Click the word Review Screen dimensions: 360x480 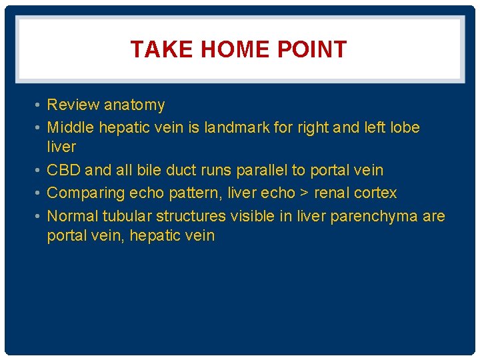click(x=72, y=105)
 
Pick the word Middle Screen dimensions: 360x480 click(x=71, y=127)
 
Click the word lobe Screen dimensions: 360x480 click(x=403, y=127)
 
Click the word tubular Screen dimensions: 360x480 click(x=129, y=216)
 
